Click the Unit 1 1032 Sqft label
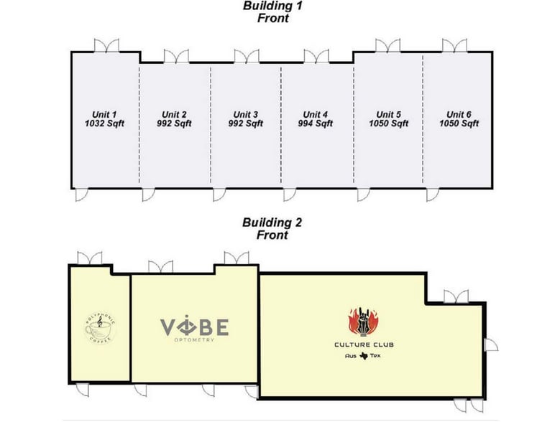click(104, 118)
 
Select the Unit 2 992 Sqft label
click(175, 118)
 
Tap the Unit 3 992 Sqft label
click(245, 118)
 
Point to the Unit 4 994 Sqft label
click(316, 118)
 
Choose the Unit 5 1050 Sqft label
click(388, 118)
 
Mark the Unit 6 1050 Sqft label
click(459, 118)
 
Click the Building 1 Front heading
click(272, 12)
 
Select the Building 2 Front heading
click(272, 228)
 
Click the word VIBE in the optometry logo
click(194, 327)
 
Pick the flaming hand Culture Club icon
click(364, 322)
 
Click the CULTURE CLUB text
click(364, 345)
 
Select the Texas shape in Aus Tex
click(364, 356)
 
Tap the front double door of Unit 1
click(106, 45)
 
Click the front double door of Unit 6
click(453, 45)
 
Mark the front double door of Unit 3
click(246, 56)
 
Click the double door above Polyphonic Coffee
click(89, 258)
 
